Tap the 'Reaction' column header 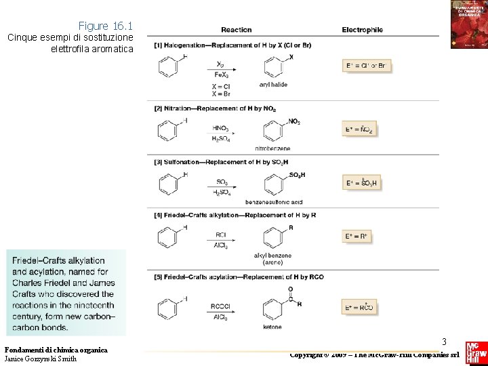tap(236, 30)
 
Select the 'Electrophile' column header tap(362, 30)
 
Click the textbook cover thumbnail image tap(469, 24)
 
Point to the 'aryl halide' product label tap(273, 85)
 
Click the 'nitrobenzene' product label tap(272, 148)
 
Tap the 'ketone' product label tap(272, 327)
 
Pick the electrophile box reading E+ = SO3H tap(361, 183)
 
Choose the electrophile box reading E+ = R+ tap(358, 237)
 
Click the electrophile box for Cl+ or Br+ tap(366, 66)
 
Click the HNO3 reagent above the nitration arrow tap(220, 127)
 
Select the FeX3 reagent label tap(221, 75)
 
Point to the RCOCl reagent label tap(221, 306)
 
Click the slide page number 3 tap(444, 342)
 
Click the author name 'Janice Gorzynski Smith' tap(40, 359)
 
